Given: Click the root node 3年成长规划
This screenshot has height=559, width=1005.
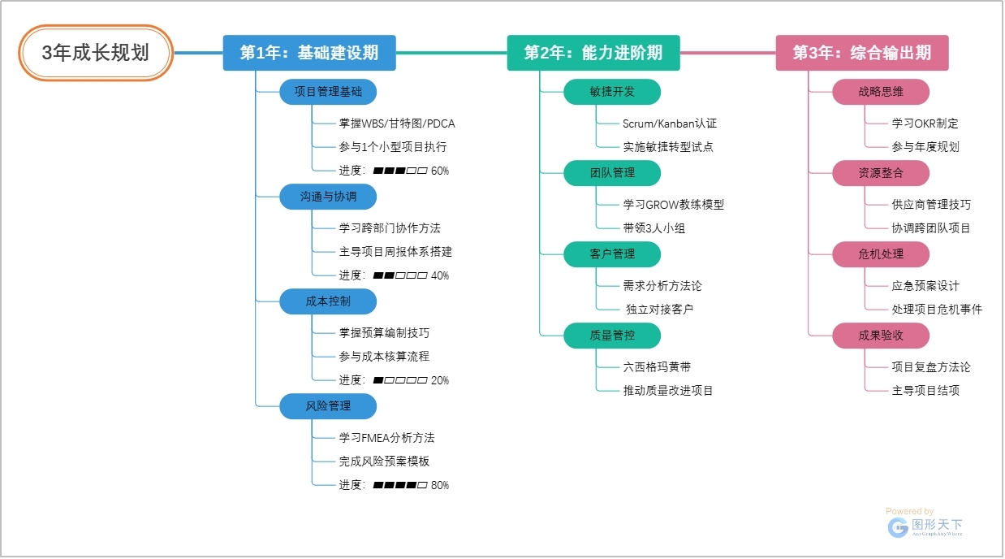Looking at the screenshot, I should point(96,53).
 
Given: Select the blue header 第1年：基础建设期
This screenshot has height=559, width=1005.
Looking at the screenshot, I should point(309,53).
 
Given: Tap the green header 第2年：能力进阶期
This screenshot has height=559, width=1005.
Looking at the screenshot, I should point(593,53).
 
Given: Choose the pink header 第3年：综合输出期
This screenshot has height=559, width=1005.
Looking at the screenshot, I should point(861,53).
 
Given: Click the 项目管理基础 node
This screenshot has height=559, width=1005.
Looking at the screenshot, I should point(328,92).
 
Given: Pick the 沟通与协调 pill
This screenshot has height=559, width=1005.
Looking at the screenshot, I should point(328,197).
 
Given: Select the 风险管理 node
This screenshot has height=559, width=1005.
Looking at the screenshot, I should point(328,406).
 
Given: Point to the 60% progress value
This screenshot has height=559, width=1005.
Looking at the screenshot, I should point(440,171).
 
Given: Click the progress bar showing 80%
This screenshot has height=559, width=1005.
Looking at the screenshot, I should point(399,485).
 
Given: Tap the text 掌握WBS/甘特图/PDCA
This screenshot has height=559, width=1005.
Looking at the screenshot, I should point(397,123).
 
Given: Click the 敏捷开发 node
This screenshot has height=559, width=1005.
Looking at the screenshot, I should point(612,92).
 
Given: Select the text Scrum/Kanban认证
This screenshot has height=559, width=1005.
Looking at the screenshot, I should point(670,123).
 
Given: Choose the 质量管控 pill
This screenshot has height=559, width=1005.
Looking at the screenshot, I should point(612,335).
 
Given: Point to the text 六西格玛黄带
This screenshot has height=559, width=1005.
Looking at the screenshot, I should point(657,367).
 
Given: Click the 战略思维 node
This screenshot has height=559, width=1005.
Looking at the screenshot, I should point(881,92).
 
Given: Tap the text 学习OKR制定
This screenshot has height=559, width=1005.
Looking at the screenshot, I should point(925,123).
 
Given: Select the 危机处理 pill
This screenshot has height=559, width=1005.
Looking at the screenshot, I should point(881,254).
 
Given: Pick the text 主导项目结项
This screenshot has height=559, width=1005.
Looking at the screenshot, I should point(925,390).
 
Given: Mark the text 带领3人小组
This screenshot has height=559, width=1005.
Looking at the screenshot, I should point(654,228).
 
